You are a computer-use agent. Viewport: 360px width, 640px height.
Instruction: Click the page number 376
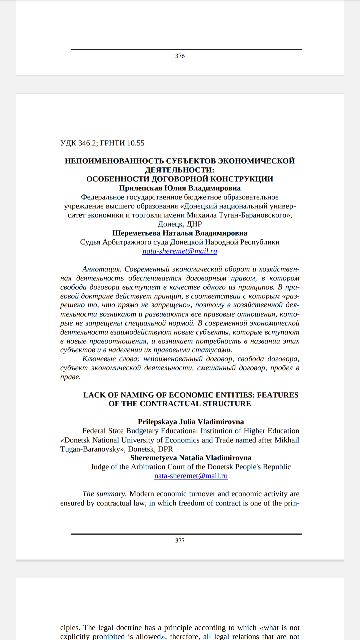coord(180,56)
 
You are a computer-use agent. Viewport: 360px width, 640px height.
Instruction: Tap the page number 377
coord(180,540)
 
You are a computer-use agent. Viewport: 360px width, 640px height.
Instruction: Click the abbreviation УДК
coord(68,143)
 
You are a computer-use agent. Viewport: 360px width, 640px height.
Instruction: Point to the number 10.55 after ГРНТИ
coord(136,143)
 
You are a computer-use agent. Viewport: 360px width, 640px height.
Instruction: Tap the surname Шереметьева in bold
coord(136,233)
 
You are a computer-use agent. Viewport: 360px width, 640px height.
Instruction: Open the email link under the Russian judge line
coord(180,251)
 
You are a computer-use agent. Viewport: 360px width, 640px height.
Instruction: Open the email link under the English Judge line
coord(191,476)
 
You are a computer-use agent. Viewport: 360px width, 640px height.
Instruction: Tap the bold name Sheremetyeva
coord(154,458)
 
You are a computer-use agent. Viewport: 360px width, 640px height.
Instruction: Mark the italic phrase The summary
coord(104,494)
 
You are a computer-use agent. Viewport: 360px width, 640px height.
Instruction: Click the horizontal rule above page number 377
coord(186,534)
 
